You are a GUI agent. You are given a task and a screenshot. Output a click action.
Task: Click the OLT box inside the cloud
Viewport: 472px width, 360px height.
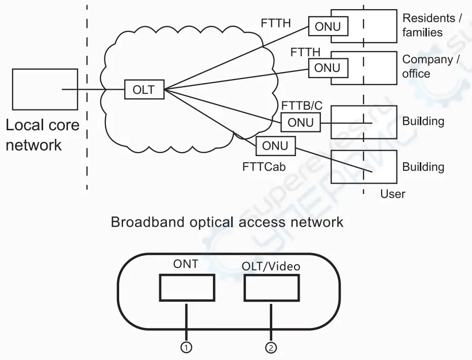click(144, 89)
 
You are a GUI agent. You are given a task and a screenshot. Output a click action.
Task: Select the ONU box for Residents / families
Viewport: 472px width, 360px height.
click(328, 26)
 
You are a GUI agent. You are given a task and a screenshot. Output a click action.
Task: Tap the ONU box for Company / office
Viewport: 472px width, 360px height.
click(328, 68)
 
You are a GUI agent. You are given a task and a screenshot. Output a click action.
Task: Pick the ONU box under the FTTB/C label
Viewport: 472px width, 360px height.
click(301, 123)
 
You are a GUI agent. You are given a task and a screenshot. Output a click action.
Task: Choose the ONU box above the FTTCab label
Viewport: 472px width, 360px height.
click(276, 146)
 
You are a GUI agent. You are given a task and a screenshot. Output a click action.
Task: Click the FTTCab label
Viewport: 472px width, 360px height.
click(264, 167)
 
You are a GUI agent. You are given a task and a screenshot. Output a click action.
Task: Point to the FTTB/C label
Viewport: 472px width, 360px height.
click(302, 105)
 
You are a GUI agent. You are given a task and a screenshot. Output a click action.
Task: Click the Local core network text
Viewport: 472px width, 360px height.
click(43, 135)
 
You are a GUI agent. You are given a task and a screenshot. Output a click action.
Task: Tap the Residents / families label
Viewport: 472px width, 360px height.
click(432, 25)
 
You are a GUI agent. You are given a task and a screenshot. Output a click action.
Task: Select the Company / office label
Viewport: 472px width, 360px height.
click(431, 66)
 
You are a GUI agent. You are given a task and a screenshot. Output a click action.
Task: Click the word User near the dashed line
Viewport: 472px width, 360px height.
click(393, 194)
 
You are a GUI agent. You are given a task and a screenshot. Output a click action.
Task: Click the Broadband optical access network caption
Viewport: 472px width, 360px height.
click(227, 222)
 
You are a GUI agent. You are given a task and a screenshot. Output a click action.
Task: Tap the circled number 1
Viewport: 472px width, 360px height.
click(187, 348)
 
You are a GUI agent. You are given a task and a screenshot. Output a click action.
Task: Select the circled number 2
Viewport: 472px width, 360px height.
click(271, 348)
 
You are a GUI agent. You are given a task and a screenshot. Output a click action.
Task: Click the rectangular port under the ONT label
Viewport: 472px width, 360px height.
click(187, 288)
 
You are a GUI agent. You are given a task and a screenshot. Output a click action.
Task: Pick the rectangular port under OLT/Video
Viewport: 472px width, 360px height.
click(272, 288)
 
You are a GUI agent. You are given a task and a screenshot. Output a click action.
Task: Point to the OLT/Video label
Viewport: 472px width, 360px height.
click(271, 266)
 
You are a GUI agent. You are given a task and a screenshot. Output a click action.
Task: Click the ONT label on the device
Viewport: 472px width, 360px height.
click(186, 264)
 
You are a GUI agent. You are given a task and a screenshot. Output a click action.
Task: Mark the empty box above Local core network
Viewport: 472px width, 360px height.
click(45, 89)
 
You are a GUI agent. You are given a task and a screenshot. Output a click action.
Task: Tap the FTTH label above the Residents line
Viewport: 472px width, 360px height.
click(276, 23)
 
